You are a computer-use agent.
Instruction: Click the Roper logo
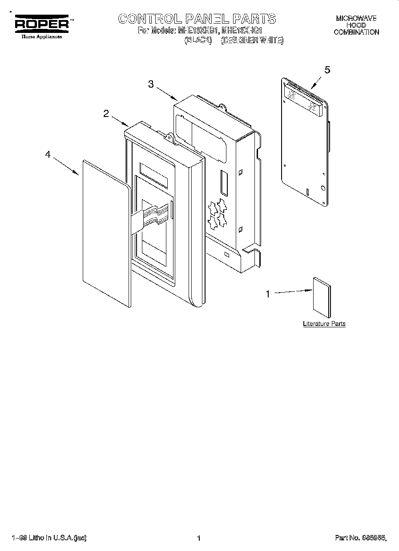coord(42,25)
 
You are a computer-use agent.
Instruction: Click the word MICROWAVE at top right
coord(356,18)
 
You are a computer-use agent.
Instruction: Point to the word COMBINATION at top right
coord(356,32)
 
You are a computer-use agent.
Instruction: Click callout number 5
coord(327,70)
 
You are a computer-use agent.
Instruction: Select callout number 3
coord(151,84)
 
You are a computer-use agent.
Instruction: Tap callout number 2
coord(106,113)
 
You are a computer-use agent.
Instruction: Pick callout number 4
coord(48,155)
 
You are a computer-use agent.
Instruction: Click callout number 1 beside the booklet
coord(268,294)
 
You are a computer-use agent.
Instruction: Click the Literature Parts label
coord(324,324)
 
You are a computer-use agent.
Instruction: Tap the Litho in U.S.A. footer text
coord(49,538)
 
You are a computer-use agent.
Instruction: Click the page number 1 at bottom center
coord(199,538)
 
